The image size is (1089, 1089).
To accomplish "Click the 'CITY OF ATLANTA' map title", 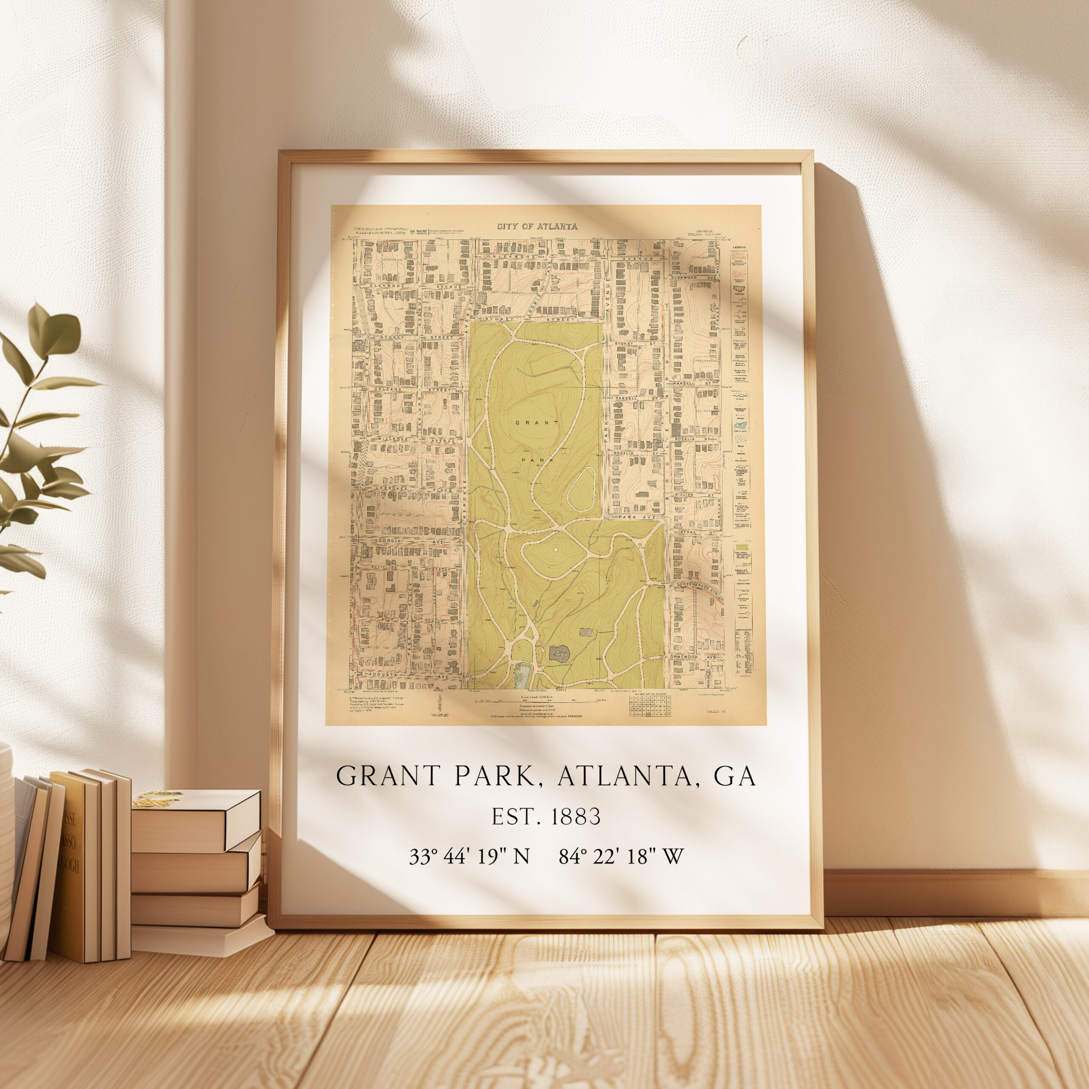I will pos(536,227).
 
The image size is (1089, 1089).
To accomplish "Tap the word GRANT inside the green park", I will pos(536,422).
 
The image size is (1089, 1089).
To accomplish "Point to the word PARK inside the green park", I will pos(538,460).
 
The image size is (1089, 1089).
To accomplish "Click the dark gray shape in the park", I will pos(559,654).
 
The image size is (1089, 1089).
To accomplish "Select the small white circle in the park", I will pos(555,549).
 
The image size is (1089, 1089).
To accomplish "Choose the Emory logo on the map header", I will pos(419,231).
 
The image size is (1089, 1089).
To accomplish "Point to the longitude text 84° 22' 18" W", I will pos(621,856).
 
